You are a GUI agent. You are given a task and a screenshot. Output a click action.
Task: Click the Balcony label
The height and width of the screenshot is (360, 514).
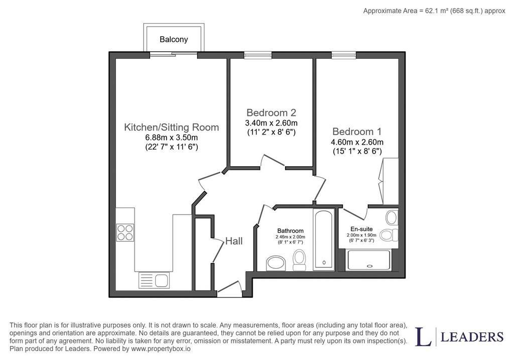point(174,40)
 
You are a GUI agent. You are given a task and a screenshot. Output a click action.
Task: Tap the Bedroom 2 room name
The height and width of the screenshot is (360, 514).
point(271,113)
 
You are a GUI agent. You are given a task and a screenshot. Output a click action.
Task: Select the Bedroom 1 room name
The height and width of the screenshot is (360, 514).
point(357,132)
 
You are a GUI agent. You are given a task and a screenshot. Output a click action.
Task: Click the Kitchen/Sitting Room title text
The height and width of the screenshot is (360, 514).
point(172,127)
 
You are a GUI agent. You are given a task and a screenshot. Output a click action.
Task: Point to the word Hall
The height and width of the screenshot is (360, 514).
point(234,242)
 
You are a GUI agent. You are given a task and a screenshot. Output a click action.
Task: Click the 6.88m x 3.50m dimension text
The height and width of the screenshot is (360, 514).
point(172,138)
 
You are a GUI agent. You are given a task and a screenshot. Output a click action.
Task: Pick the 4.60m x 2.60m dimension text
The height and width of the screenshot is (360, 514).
point(357,142)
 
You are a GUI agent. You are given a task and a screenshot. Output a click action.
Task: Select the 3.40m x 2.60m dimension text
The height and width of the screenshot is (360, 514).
point(272,124)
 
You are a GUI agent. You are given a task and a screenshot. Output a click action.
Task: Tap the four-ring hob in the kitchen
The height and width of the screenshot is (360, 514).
point(125,232)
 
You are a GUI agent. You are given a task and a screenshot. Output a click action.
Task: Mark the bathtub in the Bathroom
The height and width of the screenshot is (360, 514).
point(324,239)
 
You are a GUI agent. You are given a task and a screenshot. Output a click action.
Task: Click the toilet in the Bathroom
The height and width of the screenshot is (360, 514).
point(299,260)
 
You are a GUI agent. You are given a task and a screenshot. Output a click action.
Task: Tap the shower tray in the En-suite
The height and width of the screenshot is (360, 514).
point(369,260)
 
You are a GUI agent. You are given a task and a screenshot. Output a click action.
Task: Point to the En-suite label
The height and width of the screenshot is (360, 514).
point(361,229)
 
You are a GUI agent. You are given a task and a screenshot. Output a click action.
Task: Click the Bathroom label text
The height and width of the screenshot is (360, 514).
point(291,231)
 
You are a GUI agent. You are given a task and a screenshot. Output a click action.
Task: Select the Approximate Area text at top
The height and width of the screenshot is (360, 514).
point(434,11)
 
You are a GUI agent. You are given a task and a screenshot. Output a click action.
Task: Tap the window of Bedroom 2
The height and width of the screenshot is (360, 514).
point(258,55)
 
